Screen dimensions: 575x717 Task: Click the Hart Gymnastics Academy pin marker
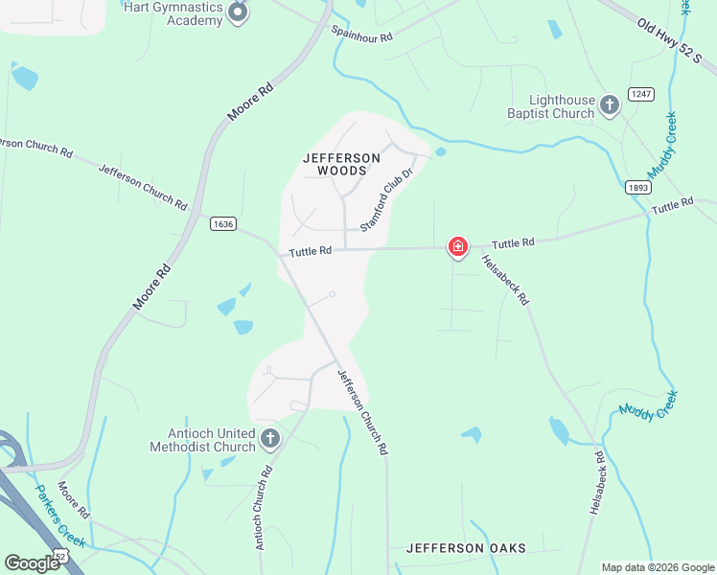[x=238, y=12]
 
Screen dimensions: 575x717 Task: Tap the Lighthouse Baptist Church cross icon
[x=609, y=103]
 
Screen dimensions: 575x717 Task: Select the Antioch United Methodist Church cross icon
[x=270, y=439]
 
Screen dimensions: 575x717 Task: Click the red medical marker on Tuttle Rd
[x=458, y=248]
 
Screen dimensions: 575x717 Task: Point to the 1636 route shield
[x=222, y=223]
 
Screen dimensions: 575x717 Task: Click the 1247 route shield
[x=640, y=94]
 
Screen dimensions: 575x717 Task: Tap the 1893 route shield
[x=638, y=188]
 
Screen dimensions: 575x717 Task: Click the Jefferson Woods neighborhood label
[x=335, y=164]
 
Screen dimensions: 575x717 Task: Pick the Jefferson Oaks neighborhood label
[x=466, y=548]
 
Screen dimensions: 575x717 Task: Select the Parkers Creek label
[x=60, y=516]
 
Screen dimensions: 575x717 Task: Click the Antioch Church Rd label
[x=266, y=509]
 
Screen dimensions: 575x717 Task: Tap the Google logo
[x=33, y=563]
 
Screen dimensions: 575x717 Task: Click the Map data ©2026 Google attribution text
[x=657, y=567]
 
